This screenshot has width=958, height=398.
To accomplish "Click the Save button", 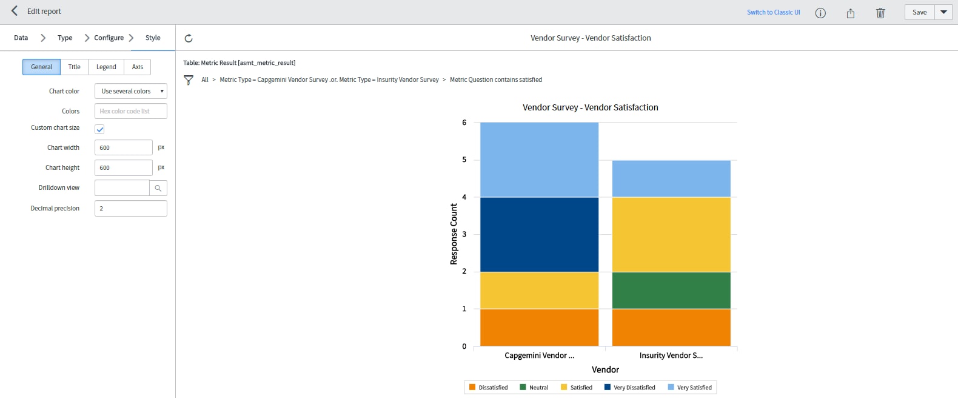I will (919, 12).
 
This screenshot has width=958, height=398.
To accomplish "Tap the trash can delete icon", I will (880, 13).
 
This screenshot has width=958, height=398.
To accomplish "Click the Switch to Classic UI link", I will (773, 12).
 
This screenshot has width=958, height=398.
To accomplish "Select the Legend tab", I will (106, 67).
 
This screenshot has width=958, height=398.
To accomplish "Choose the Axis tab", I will (138, 67).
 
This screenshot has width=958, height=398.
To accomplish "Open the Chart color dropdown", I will (131, 91).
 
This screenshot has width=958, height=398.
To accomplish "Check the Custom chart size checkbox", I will (100, 129).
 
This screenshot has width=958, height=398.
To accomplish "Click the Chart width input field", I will (124, 147).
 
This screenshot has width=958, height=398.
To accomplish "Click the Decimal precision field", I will (131, 208).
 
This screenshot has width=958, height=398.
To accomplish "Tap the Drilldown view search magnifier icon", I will (158, 188).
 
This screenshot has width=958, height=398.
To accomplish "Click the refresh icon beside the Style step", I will (189, 38).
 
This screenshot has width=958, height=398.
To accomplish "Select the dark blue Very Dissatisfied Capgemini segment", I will (539, 234).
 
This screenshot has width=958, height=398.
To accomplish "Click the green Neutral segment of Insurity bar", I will (671, 290).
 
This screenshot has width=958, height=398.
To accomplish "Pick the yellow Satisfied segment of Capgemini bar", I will (539, 290).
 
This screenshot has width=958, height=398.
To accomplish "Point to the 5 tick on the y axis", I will (464, 160).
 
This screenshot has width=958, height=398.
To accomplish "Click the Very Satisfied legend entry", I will (689, 388).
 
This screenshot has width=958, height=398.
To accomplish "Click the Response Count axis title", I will (454, 234).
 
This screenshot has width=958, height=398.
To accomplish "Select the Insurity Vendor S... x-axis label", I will (671, 356).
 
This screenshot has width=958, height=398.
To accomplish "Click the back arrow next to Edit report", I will (15, 11).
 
